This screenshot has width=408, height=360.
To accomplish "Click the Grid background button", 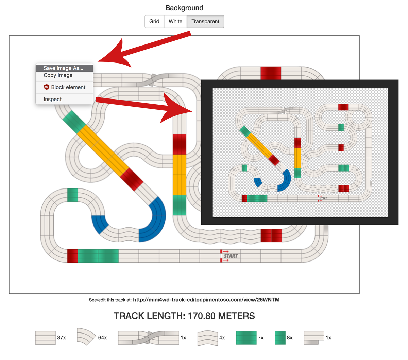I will (154, 21).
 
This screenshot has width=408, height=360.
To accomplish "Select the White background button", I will (175, 21).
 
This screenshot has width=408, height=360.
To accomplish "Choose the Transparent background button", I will (205, 21).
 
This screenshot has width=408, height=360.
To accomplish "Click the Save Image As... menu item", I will (64, 68).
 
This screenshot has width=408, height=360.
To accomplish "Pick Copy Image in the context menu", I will (58, 75).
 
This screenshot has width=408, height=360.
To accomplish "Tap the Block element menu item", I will (68, 87).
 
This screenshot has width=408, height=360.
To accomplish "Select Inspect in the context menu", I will (53, 100).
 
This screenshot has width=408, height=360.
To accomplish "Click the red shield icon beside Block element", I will (47, 87).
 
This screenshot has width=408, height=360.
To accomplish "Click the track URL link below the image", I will (206, 300).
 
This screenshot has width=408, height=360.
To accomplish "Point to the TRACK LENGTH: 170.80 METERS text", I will (184, 316).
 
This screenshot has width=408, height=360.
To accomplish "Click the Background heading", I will (184, 8).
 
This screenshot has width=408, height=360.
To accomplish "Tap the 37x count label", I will (62, 338).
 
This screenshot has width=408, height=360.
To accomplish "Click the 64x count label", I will (102, 338).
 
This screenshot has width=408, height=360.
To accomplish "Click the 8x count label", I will (290, 338).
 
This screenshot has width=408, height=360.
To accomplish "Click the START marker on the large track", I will (230, 256).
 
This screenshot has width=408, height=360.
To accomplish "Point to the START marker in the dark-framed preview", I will (323, 198).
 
